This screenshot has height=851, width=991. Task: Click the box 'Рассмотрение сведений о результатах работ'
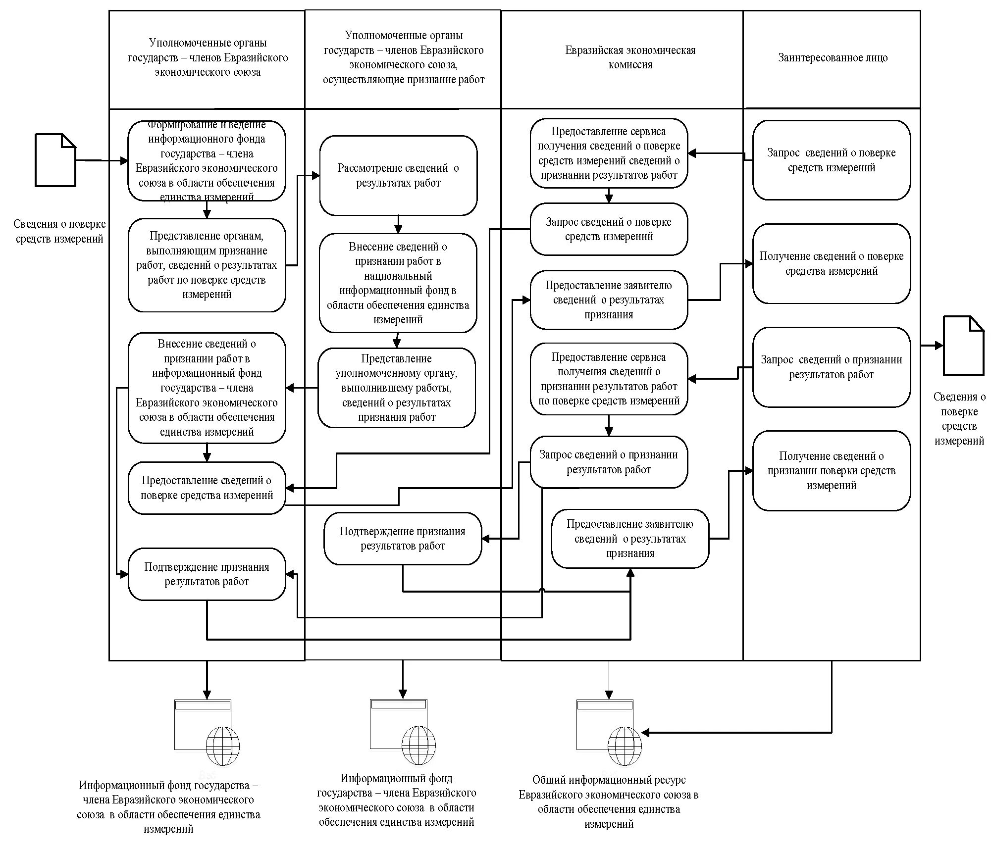pyautogui.click(x=398, y=175)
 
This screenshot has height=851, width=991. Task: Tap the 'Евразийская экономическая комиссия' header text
pyautogui.click(x=630, y=57)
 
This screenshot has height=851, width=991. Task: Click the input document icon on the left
pyautogui.click(x=55, y=160)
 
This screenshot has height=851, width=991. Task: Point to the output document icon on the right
pyautogui.click(x=963, y=346)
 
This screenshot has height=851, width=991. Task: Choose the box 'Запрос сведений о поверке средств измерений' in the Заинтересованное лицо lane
pyautogui.click(x=832, y=160)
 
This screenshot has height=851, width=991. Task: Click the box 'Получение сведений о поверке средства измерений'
pyautogui.click(x=832, y=263)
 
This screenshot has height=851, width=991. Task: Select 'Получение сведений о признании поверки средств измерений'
pyautogui.click(x=832, y=470)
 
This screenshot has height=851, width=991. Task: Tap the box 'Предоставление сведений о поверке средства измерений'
pyautogui.click(x=207, y=488)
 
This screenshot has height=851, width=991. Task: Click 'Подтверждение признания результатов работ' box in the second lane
pyautogui.click(x=403, y=539)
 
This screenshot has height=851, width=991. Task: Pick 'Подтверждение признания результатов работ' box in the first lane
pyautogui.click(x=207, y=574)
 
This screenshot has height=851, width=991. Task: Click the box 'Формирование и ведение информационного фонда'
pyautogui.click(x=207, y=161)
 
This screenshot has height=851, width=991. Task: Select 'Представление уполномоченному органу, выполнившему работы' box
pyautogui.click(x=397, y=388)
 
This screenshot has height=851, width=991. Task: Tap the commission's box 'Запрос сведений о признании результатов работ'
pyautogui.click(x=609, y=462)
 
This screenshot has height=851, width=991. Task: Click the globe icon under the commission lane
pyautogui.click(x=625, y=746)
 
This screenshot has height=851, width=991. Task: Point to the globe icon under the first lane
pyautogui.click(x=222, y=746)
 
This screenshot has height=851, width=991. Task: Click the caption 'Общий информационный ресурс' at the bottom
pyautogui.click(x=609, y=780)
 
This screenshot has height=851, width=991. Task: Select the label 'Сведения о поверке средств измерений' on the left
pyautogui.click(x=59, y=231)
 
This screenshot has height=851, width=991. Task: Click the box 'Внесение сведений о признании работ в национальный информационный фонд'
pyautogui.click(x=398, y=283)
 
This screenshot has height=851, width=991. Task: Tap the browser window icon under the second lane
pyautogui.click(x=399, y=724)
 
